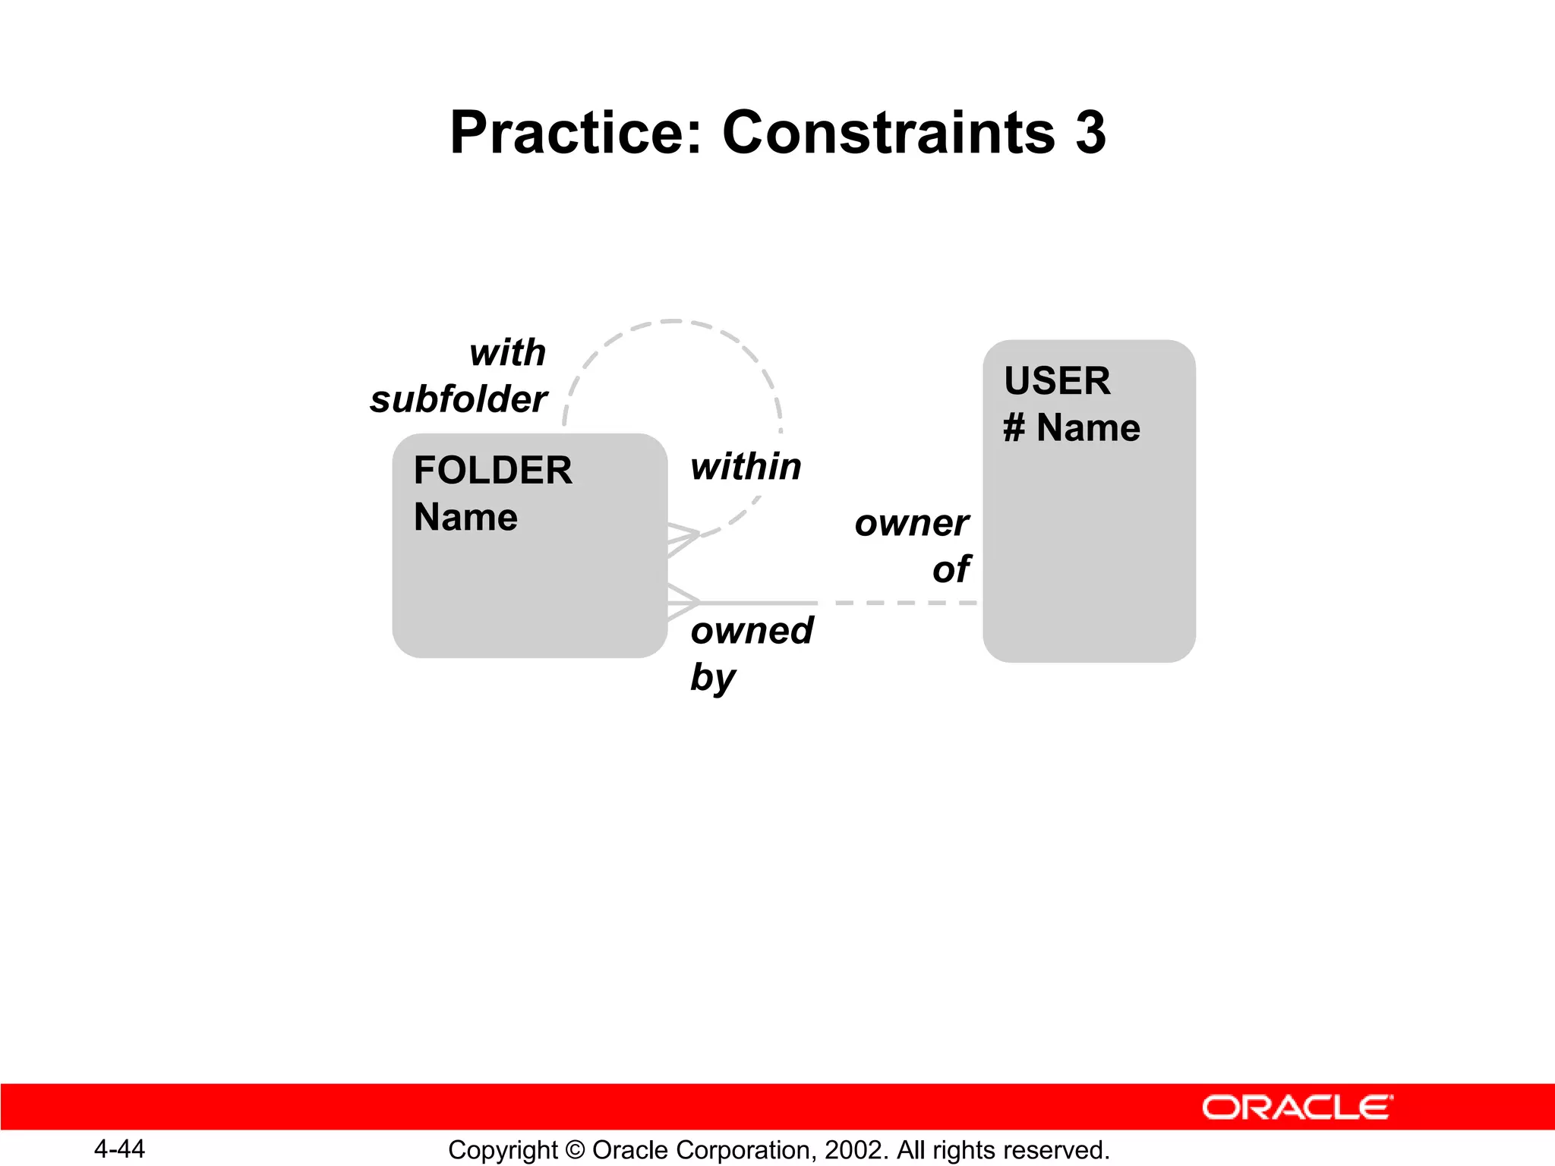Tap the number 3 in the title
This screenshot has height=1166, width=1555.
tap(1090, 133)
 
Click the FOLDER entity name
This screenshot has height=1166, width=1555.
tap(493, 470)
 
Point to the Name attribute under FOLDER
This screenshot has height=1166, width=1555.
tap(465, 517)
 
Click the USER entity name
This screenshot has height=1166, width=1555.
tap(1056, 380)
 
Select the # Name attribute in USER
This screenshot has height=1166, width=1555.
tap(1071, 427)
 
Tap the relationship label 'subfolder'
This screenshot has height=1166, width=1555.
tap(459, 399)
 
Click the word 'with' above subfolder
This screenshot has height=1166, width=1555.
tap(507, 353)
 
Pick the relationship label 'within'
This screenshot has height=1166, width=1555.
tap(746, 466)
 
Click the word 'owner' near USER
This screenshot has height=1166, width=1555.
tap(911, 523)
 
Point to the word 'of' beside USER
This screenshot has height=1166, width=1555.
tap(951, 569)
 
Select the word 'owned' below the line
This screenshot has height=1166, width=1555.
tap(752, 631)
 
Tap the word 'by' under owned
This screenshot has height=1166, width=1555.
tap(712, 677)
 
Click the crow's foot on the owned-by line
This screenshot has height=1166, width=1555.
tap(683, 603)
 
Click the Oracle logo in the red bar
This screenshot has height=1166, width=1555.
tap(1297, 1108)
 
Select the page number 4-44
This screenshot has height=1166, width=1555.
tap(119, 1149)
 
